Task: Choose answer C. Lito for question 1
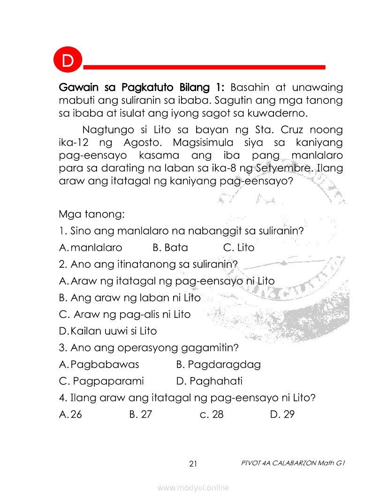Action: (x=239, y=248)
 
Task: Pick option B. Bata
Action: (x=170, y=248)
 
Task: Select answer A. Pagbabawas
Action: (x=99, y=364)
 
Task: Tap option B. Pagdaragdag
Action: (x=219, y=364)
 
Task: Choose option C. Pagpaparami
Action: (x=101, y=381)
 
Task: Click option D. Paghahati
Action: (x=209, y=381)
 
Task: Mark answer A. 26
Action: (x=70, y=414)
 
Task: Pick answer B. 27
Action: (x=140, y=414)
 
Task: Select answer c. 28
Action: (x=212, y=414)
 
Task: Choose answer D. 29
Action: (x=282, y=414)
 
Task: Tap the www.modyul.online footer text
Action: (x=193, y=488)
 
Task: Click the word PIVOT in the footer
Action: (x=250, y=463)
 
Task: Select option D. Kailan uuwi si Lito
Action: (x=108, y=331)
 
